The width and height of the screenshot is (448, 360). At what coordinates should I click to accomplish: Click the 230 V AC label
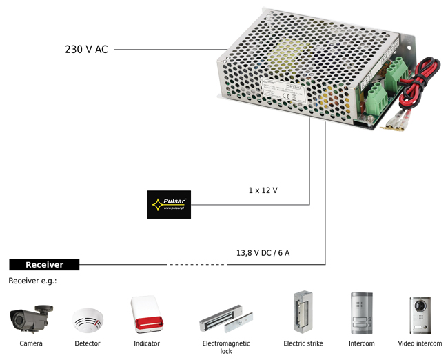(x=86, y=50)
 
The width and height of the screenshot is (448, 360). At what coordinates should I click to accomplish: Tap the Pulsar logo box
(x=169, y=204)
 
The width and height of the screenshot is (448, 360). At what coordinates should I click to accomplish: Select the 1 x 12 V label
(x=263, y=190)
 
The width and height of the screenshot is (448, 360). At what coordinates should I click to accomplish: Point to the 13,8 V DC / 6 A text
(x=263, y=253)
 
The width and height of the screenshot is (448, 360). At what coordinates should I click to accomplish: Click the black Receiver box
(x=44, y=265)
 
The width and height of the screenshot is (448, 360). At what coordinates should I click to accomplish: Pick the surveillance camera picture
(x=31, y=318)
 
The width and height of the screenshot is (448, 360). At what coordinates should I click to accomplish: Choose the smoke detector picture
(x=88, y=319)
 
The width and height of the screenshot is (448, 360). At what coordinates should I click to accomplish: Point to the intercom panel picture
(x=361, y=314)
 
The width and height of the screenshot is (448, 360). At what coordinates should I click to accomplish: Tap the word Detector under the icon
(x=88, y=343)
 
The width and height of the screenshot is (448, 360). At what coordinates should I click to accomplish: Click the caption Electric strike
(x=303, y=343)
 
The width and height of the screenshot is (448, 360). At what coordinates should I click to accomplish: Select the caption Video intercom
(x=420, y=343)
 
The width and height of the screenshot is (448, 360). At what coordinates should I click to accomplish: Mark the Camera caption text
(x=31, y=343)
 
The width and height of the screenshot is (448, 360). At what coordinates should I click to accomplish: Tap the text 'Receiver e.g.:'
(x=32, y=281)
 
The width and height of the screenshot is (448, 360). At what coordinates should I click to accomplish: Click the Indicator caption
(x=147, y=343)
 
